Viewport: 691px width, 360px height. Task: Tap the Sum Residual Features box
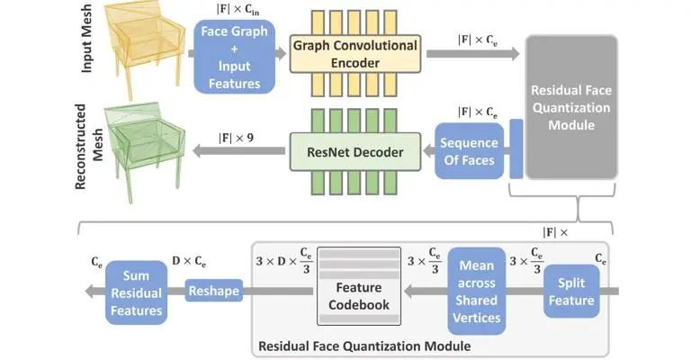point(135,292)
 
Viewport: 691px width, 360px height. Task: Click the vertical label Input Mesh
point(87,45)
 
